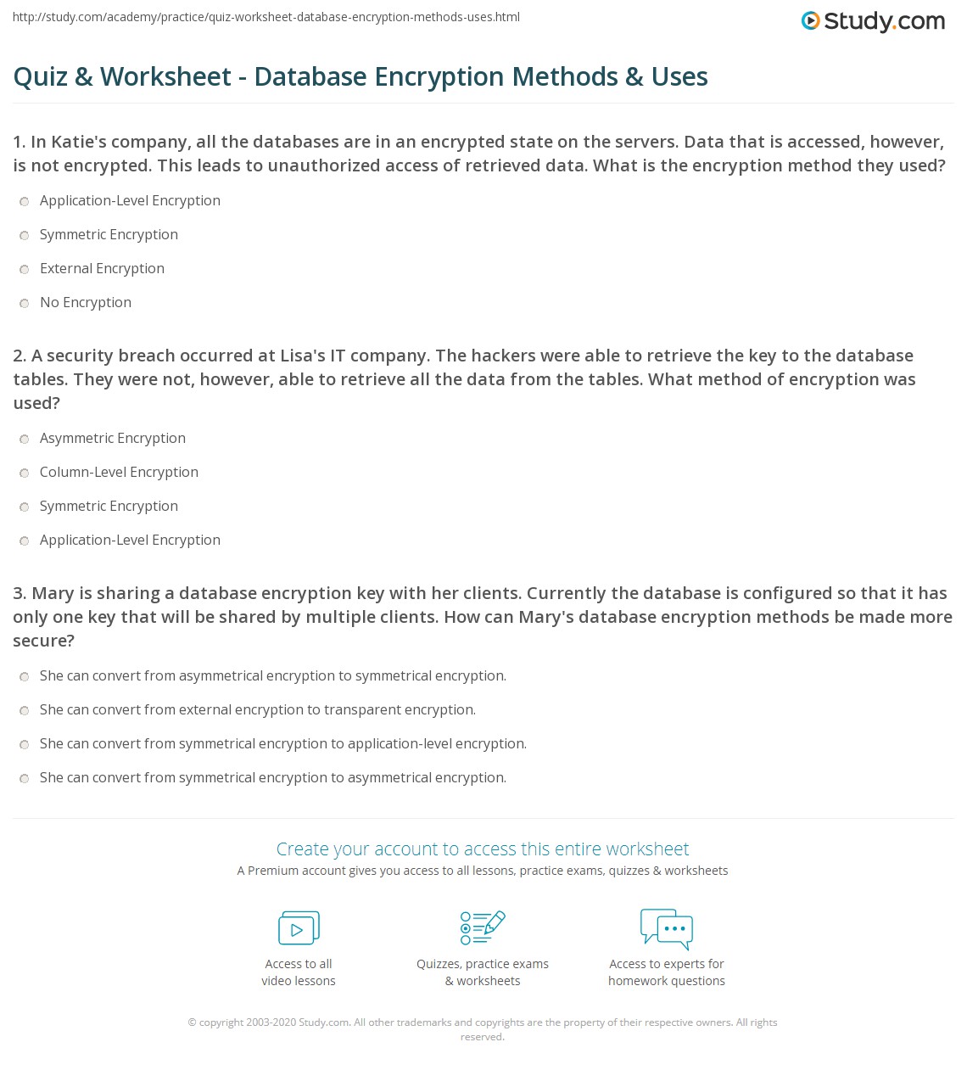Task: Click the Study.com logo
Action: click(873, 21)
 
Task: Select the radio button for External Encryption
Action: click(25, 269)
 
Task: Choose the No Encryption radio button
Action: click(25, 303)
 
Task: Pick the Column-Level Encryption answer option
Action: click(25, 473)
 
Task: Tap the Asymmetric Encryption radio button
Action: click(25, 439)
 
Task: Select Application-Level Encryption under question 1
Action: click(25, 201)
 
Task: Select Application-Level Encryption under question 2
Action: click(25, 541)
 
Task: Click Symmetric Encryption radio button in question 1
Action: click(25, 235)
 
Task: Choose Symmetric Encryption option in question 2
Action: click(25, 507)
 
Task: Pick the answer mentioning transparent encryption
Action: click(25, 710)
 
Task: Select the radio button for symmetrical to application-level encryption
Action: click(25, 744)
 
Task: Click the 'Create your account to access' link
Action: click(482, 849)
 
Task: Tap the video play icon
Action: click(299, 927)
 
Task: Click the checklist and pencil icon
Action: click(483, 927)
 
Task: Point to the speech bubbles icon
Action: click(667, 927)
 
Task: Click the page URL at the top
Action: click(266, 17)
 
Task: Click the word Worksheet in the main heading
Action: click(165, 76)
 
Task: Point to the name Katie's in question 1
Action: click(79, 142)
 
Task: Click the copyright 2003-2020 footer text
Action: click(268, 1022)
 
